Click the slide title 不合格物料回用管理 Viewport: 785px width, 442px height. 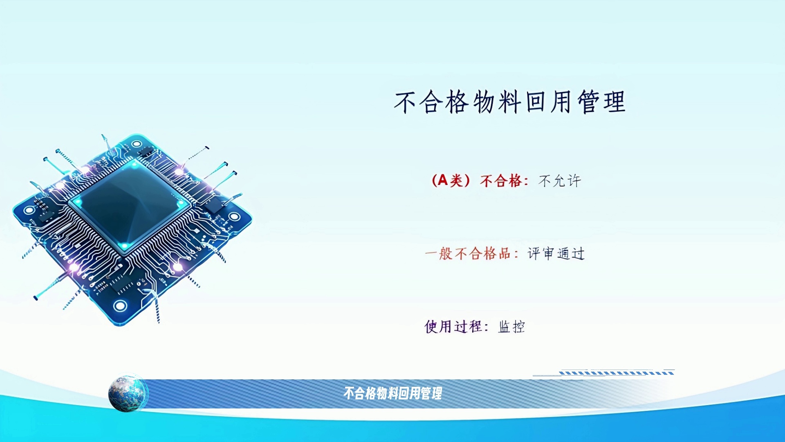pyautogui.click(x=510, y=102)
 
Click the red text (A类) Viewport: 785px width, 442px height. pyautogui.click(x=451, y=180)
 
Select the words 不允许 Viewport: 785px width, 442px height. pyautogui.click(x=560, y=180)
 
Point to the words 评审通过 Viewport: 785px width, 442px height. pyautogui.click(x=556, y=254)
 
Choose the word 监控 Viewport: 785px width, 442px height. pyautogui.click(x=511, y=327)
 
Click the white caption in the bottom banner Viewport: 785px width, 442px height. pyautogui.click(x=392, y=393)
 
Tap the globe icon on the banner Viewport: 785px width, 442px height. pyautogui.click(x=128, y=393)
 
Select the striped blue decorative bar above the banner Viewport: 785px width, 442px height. pyautogui.click(x=617, y=373)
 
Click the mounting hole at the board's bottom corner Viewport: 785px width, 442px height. pyautogui.click(x=120, y=306)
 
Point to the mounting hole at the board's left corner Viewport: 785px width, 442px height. pyautogui.click(x=29, y=210)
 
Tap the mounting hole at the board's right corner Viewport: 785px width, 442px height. pyautogui.click(x=234, y=216)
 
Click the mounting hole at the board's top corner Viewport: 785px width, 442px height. pyautogui.click(x=137, y=144)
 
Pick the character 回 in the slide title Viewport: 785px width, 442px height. pyautogui.click(x=535, y=102)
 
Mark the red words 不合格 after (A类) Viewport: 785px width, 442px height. pyautogui.click(x=501, y=180)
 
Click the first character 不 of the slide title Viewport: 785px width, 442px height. pyautogui.click(x=405, y=102)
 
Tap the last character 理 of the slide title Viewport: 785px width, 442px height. pyautogui.click(x=615, y=102)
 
